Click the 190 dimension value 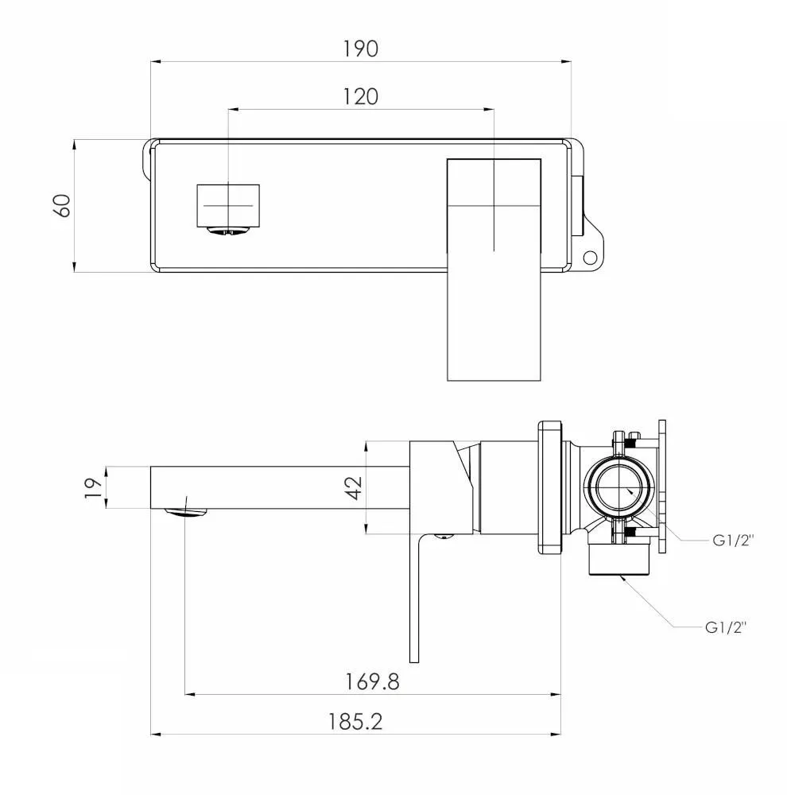coord(361,48)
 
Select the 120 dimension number coord(361,97)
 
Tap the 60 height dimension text coord(62,206)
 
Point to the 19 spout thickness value coord(93,488)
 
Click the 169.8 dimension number coord(372,681)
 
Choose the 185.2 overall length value coord(355,722)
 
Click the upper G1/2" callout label coord(733,541)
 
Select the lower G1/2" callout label coord(726,627)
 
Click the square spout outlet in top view coord(228,206)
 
